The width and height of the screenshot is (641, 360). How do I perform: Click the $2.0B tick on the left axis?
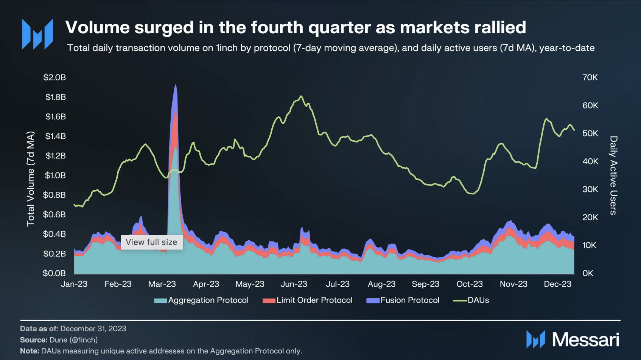54,78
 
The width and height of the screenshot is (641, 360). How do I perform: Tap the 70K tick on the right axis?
590,78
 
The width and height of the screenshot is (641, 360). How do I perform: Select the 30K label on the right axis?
590,189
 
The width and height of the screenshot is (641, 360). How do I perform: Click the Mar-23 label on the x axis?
162,284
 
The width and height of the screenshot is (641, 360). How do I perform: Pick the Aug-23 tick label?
381,284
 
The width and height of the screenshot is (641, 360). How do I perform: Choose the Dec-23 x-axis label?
557,284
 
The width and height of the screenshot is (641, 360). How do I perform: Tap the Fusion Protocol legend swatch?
373,301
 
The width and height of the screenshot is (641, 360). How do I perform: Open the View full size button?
152,242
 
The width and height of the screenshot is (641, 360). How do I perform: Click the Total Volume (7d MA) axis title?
30,179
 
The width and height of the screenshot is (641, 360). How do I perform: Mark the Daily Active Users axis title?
613,175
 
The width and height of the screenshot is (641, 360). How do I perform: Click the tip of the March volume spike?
176,85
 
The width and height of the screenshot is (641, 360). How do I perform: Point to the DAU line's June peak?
301,96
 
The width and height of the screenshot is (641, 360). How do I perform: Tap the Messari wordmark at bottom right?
585,339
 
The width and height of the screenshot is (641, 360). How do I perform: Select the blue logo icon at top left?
37,34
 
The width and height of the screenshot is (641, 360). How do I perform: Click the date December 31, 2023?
93,329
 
